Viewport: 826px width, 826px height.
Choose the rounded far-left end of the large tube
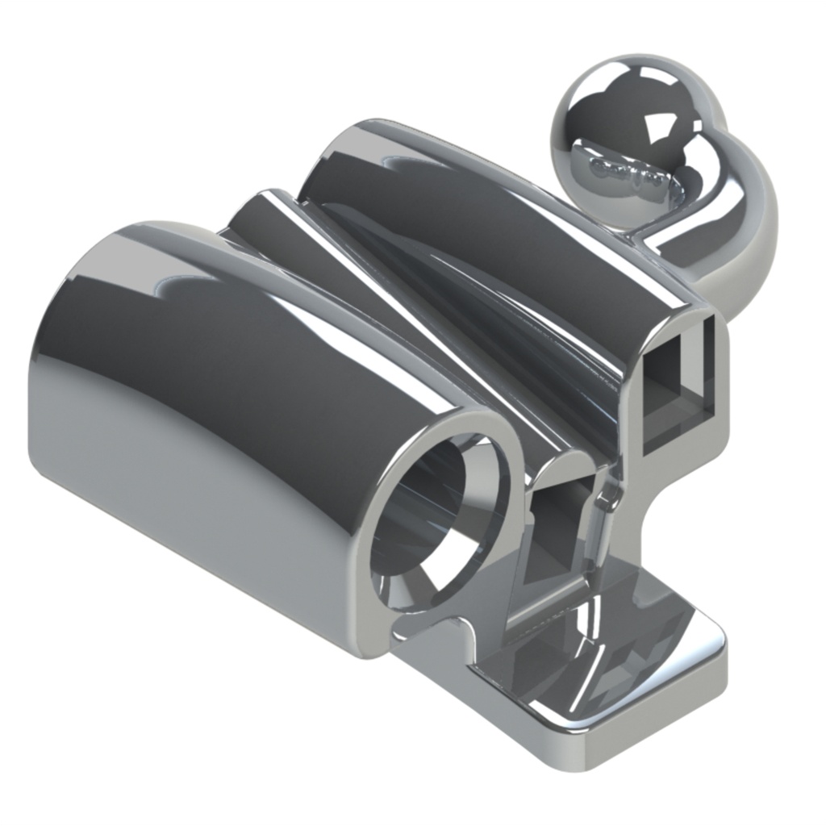click(48, 387)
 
